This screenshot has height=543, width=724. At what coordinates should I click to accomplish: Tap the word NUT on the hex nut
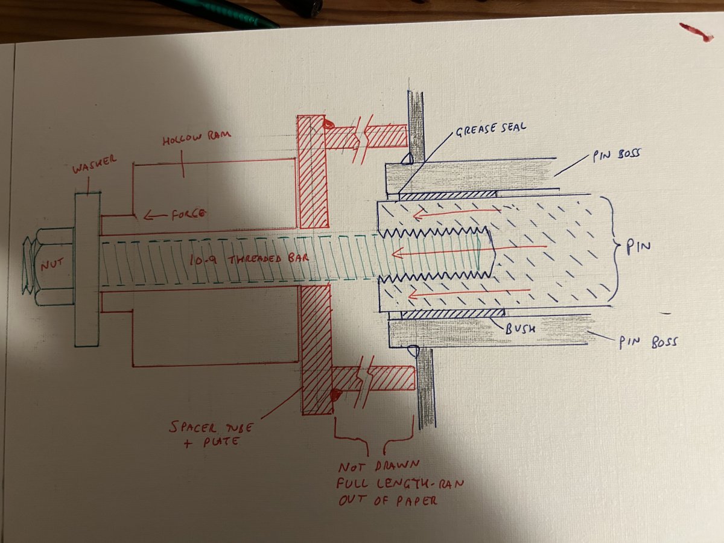tap(50, 264)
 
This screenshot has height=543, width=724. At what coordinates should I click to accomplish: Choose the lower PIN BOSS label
tap(647, 342)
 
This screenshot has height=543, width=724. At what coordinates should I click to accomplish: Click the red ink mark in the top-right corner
tap(696, 31)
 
